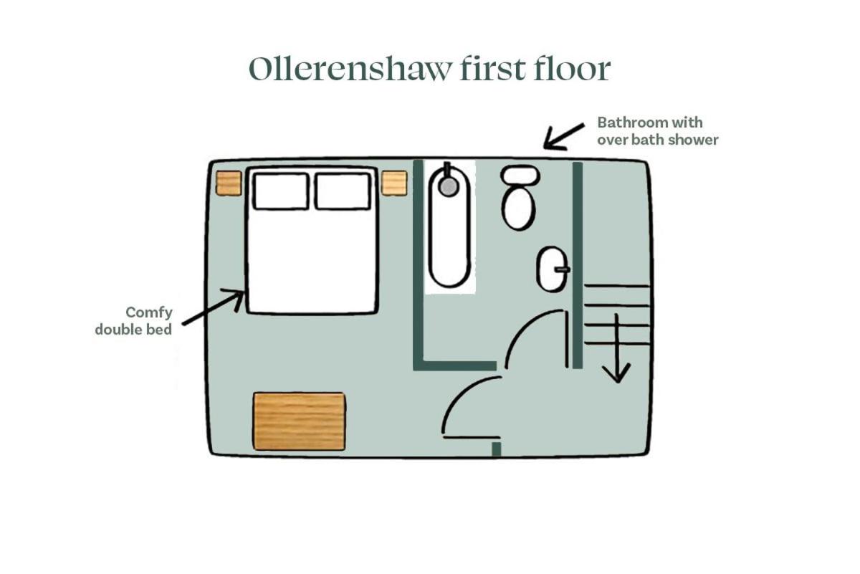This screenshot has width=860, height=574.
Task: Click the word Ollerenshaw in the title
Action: (350, 69)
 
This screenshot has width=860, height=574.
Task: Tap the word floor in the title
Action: (572, 69)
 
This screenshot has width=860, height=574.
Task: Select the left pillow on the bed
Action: (281, 191)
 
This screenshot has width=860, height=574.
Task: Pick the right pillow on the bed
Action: (343, 191)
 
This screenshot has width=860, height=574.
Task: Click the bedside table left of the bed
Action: (229, 183)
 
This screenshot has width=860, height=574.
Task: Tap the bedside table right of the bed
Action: (394, 183)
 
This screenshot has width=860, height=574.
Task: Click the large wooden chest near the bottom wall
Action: (299, 421)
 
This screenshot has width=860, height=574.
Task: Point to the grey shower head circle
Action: (449, 186)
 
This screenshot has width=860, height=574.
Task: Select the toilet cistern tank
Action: (520, 176)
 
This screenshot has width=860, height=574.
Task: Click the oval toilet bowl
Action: (518, 209)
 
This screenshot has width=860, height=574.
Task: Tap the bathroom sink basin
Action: (553, 269)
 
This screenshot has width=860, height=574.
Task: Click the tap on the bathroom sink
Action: (562, 269)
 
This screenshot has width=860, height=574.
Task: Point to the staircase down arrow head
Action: (616, 373)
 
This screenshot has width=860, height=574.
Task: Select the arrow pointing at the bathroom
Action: (563, 137)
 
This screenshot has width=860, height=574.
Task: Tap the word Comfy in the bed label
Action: (149, 313)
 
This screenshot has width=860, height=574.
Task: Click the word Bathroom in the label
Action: (631, 123)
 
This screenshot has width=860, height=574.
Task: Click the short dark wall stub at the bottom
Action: (497, 449)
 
